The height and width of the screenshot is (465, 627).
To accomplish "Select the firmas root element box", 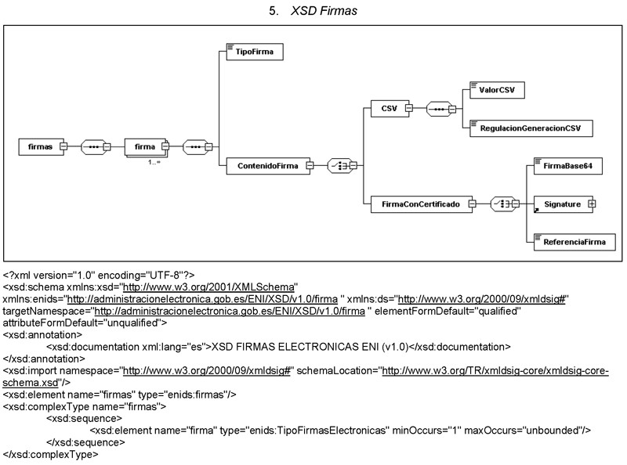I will [40, 146].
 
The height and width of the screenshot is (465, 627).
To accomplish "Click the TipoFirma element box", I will [249, 52].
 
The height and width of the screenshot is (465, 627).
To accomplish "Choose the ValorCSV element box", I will [495, 90].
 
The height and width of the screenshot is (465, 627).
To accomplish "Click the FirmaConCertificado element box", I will [420, 204].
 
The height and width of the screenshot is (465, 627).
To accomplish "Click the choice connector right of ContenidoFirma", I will [342, 165].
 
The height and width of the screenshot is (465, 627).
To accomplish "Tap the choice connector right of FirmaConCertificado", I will [505, 204].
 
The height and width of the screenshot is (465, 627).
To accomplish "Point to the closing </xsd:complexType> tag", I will [51, 454].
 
